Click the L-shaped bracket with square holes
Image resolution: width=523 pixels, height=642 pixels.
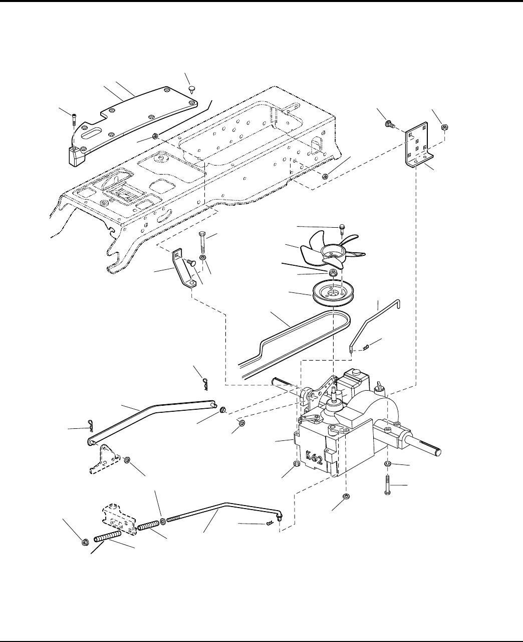point(418,144)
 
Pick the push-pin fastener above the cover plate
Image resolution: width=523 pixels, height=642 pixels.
point(192,89)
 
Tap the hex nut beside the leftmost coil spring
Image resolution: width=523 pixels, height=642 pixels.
point(86,542)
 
